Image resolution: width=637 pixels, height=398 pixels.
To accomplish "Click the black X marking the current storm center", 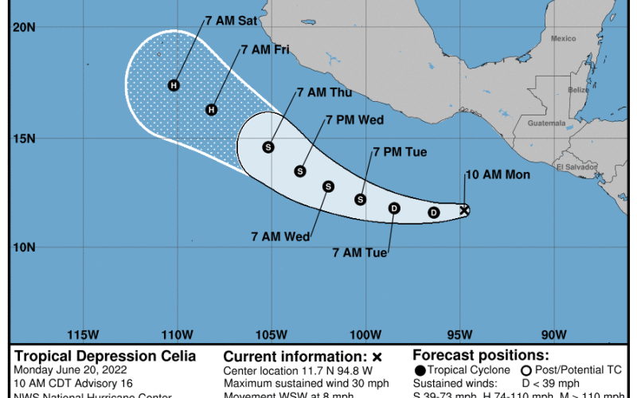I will point(465,210).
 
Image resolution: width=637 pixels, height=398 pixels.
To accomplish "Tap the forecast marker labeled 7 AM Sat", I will point(174,85).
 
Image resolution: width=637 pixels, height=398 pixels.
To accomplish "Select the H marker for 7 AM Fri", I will point(212,110).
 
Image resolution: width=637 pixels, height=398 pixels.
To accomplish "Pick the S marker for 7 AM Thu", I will point(268,146).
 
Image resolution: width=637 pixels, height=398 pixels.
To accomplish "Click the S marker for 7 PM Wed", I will point(300,170).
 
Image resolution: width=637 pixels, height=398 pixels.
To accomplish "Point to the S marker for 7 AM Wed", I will point(328,186).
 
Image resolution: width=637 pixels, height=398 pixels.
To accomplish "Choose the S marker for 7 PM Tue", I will point(360,199).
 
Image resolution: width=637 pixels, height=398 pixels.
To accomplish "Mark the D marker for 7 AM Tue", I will point(393,209).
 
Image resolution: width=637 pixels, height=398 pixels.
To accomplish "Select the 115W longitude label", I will point(83,334).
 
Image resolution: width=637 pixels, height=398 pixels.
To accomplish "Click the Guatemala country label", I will point(545,123).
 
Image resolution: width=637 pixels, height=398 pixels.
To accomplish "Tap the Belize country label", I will point(579,90).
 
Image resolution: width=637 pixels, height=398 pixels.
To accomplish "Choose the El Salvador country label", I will point(572,167).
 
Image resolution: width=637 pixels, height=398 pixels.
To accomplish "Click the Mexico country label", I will point(564,38).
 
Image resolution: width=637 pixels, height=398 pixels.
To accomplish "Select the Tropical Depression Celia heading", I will point(104,357).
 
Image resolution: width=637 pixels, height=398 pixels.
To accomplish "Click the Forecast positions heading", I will point(480,357).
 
